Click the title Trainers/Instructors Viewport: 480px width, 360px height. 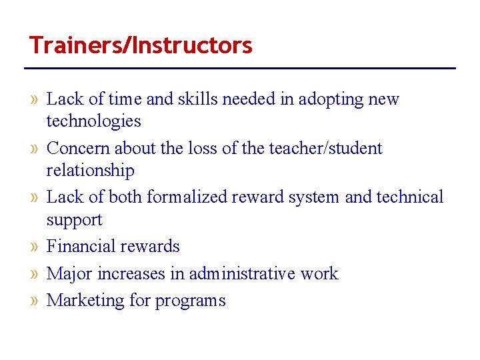coord(141,45)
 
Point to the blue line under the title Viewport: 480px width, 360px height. coord(240,68)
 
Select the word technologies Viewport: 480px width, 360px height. coord(93,121)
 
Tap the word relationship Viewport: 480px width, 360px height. coord(90,171)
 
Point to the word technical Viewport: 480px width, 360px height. coord(409,197)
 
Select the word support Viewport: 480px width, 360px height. coord(74,220)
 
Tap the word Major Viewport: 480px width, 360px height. coord(69,274)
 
